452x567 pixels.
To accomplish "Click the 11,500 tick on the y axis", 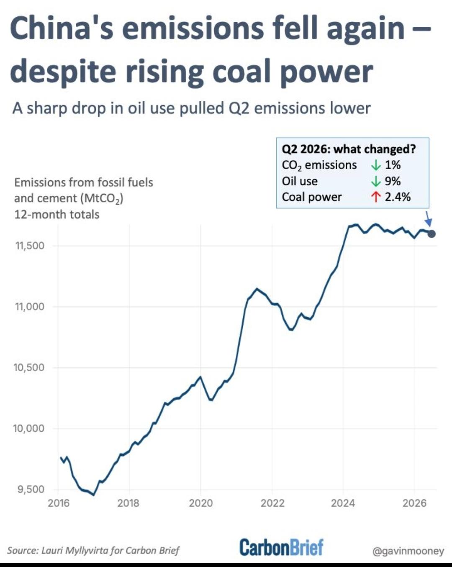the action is pos(30,246).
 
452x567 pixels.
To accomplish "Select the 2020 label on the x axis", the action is pos(200,503).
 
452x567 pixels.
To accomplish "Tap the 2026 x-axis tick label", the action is pos(414,503).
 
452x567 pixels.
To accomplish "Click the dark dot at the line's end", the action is pos(431,233).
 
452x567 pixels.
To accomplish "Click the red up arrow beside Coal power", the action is pos(376,197).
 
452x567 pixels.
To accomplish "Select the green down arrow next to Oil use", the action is pos(376,181).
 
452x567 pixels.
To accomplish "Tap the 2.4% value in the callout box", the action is pos(398,197).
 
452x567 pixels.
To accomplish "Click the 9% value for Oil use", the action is pos(393,181).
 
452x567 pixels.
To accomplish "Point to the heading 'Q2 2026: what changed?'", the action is pos(349,149).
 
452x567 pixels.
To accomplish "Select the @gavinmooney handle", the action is pos(408,551).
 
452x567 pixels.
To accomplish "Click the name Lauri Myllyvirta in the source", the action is pos(74,550).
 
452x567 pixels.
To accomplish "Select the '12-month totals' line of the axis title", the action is pos(57,215).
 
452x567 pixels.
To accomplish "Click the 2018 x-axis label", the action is pos(128,503).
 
